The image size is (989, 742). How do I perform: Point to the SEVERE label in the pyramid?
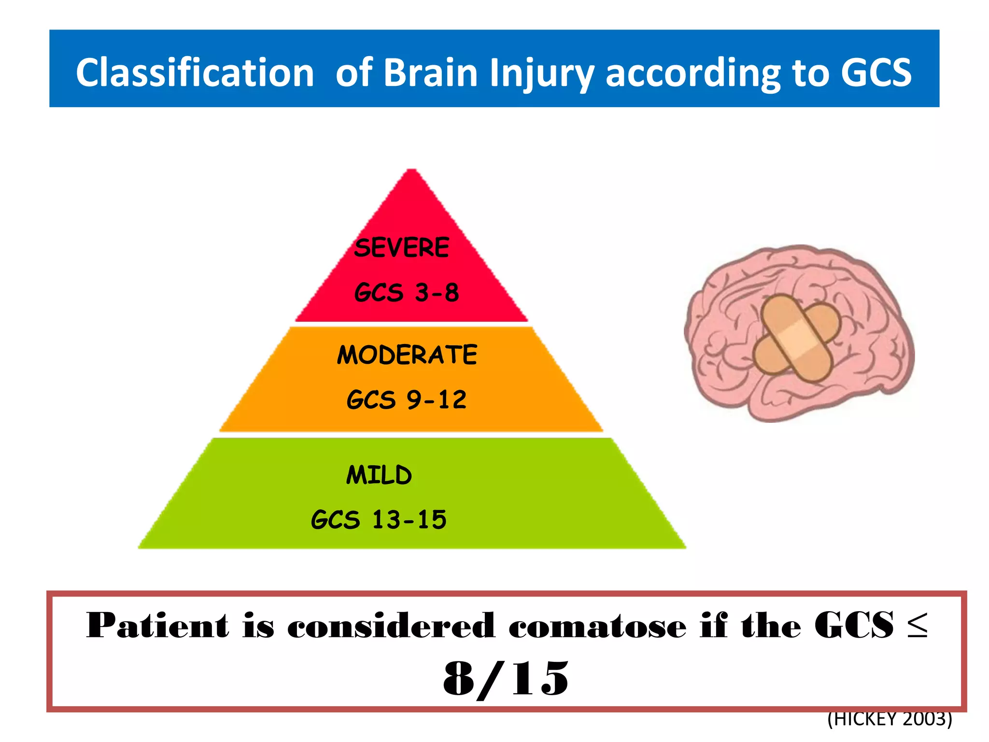401,247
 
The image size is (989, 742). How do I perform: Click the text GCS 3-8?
407,292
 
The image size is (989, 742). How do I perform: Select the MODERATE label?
407,355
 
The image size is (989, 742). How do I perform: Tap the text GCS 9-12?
407,400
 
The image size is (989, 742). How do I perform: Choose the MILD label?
379,475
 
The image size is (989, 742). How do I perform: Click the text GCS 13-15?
379,520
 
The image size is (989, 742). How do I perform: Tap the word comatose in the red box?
597,626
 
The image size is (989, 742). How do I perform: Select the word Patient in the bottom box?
157,626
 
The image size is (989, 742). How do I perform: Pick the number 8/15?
506,679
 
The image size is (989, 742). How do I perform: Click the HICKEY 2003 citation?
890,719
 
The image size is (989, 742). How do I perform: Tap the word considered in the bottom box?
391,626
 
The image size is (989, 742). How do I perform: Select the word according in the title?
692,73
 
